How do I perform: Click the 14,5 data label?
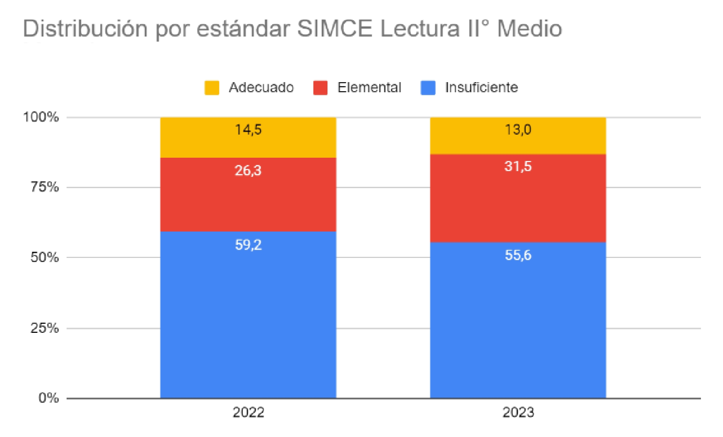[x=248, y=130]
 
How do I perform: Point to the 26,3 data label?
[x=248, y=170]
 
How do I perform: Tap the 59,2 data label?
[x=248, y=245]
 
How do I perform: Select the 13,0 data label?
[x=518, y=130]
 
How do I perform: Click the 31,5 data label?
[x=518, y=166]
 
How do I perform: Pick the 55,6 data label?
[x=518, y=255]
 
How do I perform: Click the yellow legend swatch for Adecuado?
[x=212, y=88]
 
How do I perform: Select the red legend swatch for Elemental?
[x=320, y=88]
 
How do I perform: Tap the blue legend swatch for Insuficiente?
[x=428, y=88]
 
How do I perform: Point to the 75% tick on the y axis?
[x=45, y=187]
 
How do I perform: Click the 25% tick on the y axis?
[x=45, y=328]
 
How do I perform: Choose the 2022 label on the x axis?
[x=248, y=412]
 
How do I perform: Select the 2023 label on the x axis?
[x=518, y=412]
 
